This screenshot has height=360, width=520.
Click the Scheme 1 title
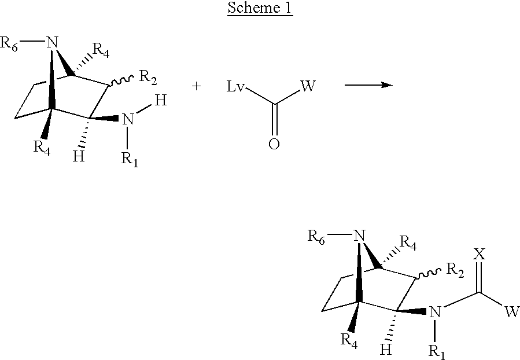[x=260, y=8]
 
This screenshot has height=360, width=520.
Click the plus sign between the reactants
[x=196, y=86]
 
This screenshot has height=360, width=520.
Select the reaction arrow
[x=369, y=85]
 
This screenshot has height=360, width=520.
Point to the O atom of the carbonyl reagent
[x=274, y=144]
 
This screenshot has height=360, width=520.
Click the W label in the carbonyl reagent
[x=308, y=86]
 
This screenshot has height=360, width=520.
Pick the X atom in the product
[x=479, y=255]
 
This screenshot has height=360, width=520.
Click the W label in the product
[x=512, y=311]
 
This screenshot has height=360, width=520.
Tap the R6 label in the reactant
[x=9, y=44]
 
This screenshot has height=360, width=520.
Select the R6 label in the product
[x=316, y=237]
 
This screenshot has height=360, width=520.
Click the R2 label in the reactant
[x=148, y=78]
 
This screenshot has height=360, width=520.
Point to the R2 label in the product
[x=455, y=270]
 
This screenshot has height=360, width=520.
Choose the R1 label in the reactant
[x=130, y=160]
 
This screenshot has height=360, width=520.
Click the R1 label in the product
[x=437, y=352]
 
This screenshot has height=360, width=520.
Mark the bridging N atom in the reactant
[x=51, y=42]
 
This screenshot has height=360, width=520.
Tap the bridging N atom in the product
[x=359, y=236]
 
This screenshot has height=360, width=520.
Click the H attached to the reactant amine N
[x=160, y=100]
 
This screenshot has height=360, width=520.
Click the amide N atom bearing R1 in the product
[x=436, y=312]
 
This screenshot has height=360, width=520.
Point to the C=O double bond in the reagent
[x=274, y=120]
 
